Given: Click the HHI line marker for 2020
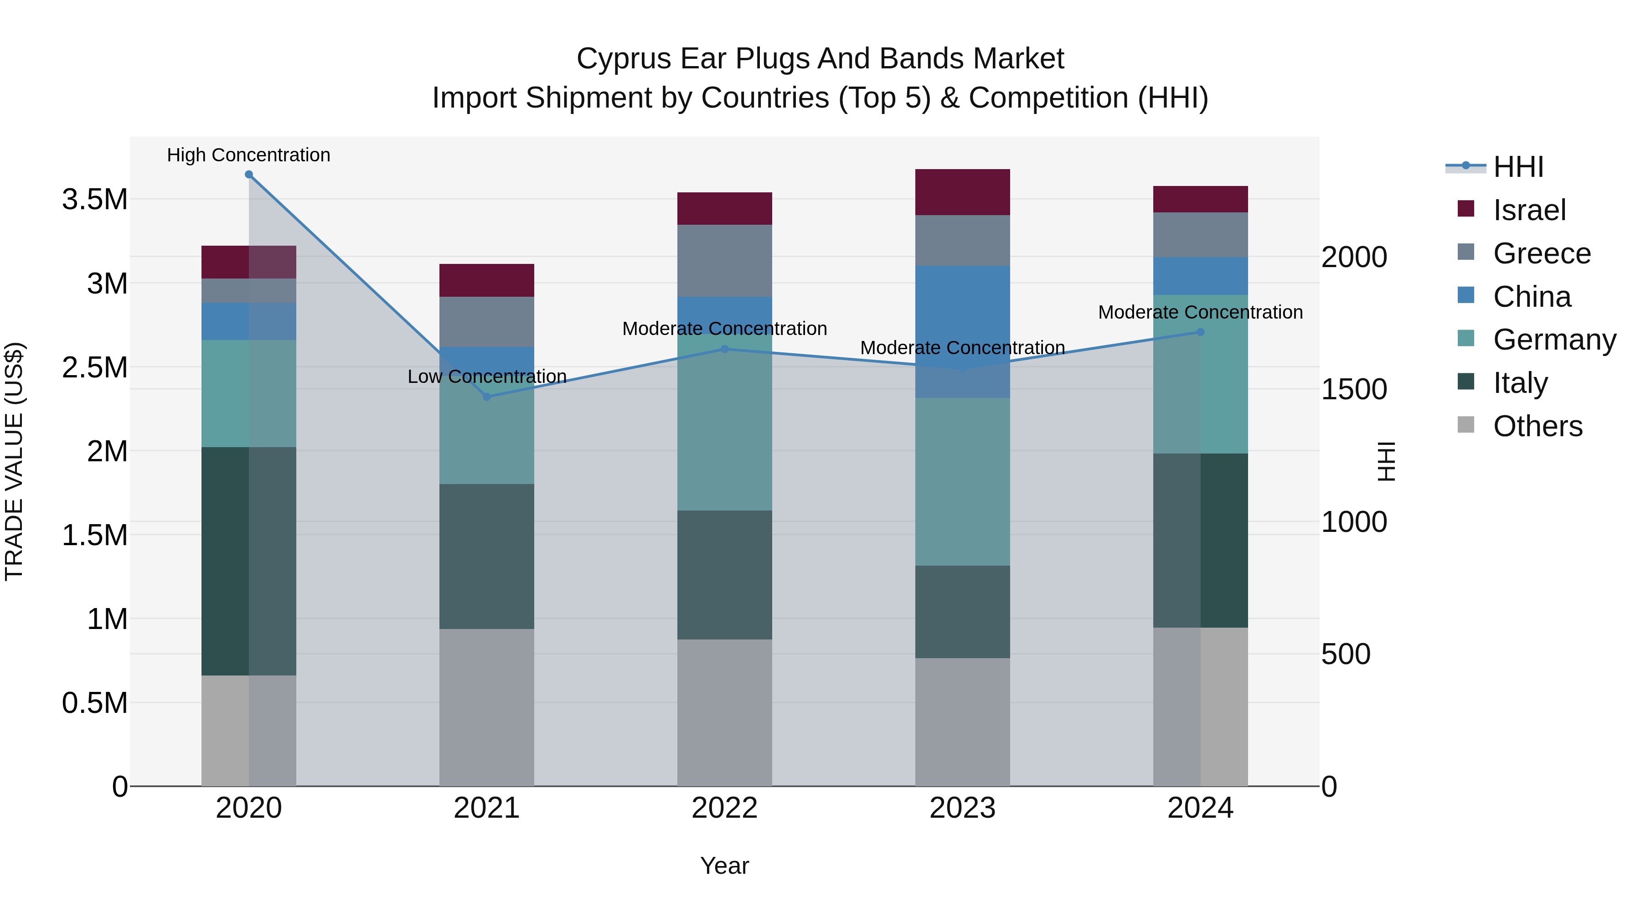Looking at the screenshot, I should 249,175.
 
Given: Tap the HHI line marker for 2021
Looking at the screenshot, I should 487,397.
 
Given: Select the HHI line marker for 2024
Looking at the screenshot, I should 1200,332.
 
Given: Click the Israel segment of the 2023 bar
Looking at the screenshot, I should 963,192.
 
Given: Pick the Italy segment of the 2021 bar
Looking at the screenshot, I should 487,556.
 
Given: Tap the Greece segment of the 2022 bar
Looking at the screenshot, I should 724,261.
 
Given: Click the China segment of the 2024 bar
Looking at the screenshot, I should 1200,276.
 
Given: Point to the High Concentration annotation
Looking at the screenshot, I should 248,155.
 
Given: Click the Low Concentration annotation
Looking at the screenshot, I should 487,376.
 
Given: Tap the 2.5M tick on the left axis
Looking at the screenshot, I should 94,367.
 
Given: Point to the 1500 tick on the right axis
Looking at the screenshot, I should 1354,389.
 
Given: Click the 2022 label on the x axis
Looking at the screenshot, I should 724,808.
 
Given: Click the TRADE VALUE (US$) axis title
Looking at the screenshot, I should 14,461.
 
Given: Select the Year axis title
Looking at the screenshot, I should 724,866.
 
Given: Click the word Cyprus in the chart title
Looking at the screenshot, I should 624,59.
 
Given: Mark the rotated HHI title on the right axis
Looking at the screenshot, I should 1386,461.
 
